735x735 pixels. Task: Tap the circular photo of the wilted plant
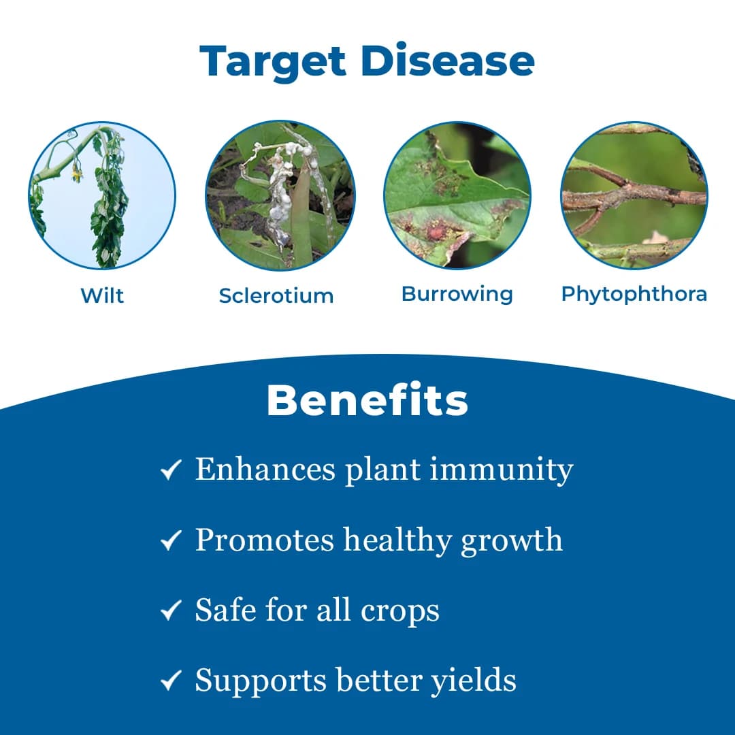(x=102, y=195)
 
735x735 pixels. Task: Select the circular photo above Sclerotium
(x=280, y=195)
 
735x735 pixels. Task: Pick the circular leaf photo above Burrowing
(x=457, y=195)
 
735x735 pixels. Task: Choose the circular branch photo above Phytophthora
(x=634, y=195)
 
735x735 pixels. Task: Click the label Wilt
(x=102, y=296)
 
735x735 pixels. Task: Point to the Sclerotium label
(x=276, y=296)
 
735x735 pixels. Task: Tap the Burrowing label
(x=457, y=294)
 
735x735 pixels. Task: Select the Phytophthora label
(x=634, y=294)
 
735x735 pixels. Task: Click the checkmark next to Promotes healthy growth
(x=171, y=541)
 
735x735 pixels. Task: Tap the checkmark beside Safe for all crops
(x=171, y=611)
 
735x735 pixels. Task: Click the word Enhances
(x=265, y=470)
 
